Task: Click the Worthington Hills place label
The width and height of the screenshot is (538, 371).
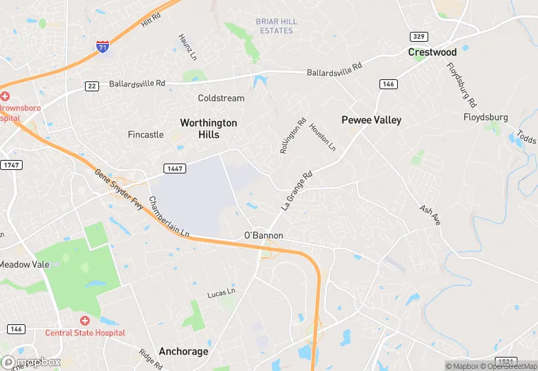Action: pyautogui.click(x=208, y=128)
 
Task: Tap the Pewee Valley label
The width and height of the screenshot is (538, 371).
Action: pyautogui.click(x=371, y=120)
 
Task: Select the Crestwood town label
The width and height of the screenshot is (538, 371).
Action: pyautogui.click(x=432, y=52)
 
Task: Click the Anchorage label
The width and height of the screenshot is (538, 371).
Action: pyautogui.click(x=183, y=351)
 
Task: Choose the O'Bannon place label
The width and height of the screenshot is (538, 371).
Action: pyautogui.click(x=263, y=235)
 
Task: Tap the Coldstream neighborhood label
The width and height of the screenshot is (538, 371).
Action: pyautogui.click(x=221, y=98)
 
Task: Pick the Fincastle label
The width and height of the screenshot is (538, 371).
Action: pyautogui.click(x=146, y=135)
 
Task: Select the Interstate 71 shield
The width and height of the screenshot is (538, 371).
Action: pyautogui.click(x=103, y=47)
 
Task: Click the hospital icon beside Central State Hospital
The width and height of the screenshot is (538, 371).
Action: pyautogui.click(x=84, y=321)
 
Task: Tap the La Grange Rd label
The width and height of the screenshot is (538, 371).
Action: pyautogui.click(x=297, y=190)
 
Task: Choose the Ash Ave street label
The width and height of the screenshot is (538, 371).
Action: pyautogui.click(x=430, y=215)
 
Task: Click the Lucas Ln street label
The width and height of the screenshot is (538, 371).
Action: pyautogui.click(x=220, y=292)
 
